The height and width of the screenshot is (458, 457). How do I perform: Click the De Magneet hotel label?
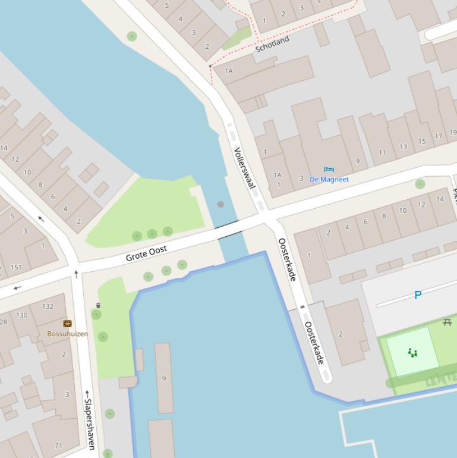tap(329, 179)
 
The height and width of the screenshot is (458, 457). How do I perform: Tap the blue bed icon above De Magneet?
tap(329, 170)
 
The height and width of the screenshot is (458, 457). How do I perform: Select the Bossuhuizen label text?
tap(68, 334)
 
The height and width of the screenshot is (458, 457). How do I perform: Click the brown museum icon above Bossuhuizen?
tap(68, 324)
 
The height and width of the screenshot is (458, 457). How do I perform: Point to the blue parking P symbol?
tap(418, 295)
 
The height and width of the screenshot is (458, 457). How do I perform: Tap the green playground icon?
tap(412, 353)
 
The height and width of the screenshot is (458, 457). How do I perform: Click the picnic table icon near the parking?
tap(447, 322)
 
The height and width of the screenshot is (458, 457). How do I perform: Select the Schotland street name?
tap(272, 43)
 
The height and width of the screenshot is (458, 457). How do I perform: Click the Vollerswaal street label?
tap(244, 168)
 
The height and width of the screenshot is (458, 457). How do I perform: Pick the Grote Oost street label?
tap(146, 253)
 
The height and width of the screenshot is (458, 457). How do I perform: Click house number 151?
tap(16, 268)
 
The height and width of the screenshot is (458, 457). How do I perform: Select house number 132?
tap(48, 306)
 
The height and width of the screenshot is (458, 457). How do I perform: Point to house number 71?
tap(58, 446)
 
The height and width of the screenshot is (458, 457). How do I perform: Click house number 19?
tap(453, 133)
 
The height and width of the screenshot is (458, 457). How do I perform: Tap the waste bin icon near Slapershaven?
tap(98, 306)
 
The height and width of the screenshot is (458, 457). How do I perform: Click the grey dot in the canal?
tap(220, 204)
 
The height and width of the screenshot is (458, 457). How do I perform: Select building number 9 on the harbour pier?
tap(164, 378)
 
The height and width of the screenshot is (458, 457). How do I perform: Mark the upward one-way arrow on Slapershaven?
tap(76, 274)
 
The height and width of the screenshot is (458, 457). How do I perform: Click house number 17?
tap(438, 136)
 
